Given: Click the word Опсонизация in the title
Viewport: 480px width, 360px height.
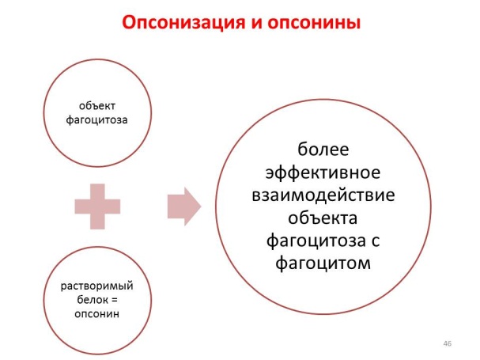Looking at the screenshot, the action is tap(183, 23).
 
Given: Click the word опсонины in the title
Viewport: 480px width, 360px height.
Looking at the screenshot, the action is tap(314, 23).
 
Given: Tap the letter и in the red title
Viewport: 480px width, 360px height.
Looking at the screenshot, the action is tap(256, 24).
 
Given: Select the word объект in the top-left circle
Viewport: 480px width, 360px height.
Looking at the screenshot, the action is tap(97, 106).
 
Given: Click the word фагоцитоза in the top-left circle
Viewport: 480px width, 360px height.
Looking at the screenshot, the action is tap(96, 119).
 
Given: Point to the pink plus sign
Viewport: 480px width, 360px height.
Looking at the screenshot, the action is tap(97, 207).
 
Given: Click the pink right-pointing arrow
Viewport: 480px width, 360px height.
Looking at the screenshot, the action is tap(184, 207).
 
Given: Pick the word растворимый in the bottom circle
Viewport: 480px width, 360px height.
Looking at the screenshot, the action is tap(96, 286).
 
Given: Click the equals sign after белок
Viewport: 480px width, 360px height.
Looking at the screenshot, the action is tap(114, 300).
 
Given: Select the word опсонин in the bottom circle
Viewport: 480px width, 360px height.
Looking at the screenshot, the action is tap(96, 314).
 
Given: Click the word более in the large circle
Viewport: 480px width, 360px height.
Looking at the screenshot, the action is tap(323, 150).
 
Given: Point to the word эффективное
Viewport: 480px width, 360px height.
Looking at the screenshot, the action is tap(323, 172).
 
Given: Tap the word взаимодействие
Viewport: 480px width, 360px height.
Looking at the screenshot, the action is tap(323, 195).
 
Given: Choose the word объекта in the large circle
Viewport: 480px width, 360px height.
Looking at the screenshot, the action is tap(323, 218).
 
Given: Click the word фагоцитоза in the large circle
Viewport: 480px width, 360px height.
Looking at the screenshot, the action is tap(316, 241).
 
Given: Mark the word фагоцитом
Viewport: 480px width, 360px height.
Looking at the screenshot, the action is tap(323, 263).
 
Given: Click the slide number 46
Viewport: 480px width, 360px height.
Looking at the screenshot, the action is tap(448, 343).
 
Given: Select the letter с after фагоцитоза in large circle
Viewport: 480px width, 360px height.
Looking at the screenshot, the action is tap(376, 241).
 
